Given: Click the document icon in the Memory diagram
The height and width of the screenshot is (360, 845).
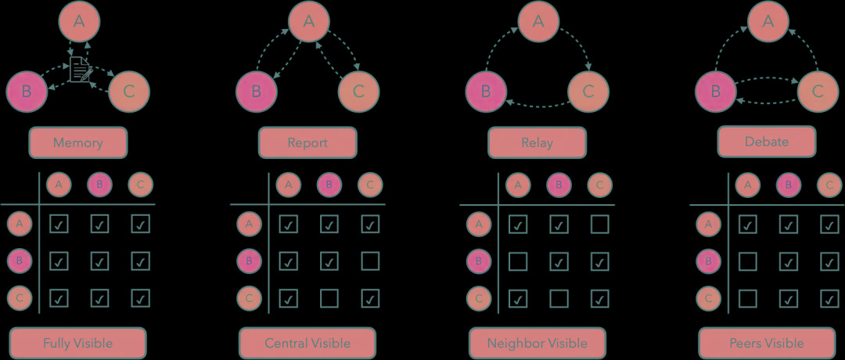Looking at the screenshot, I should point(80,69).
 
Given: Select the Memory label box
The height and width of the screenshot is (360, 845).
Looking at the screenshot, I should point(77,143).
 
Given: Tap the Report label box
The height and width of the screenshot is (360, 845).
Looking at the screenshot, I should point(307,143).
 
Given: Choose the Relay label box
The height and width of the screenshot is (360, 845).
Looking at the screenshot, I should point(537,143).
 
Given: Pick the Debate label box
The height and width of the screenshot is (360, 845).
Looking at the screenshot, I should point(767,142).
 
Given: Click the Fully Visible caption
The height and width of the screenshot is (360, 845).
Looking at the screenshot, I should point(77,343).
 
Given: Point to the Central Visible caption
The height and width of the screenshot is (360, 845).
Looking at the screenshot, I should point(307,343).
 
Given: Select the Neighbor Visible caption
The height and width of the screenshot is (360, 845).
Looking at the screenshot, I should point(537,343).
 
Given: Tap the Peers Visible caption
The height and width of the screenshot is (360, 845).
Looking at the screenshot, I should point(767,343).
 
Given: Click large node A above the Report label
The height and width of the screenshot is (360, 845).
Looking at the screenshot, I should point(308,22).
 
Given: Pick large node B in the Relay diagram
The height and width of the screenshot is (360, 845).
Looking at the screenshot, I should point(486,91).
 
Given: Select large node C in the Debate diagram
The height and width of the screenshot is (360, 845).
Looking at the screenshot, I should point(818,91).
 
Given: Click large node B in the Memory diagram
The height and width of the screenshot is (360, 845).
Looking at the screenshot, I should point(27,91).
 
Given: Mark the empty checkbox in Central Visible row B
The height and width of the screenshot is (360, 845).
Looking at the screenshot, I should point(371,261).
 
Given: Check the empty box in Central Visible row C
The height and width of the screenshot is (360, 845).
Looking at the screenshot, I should point(329,297).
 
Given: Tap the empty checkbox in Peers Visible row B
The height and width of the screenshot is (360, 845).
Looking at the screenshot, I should point(747,261).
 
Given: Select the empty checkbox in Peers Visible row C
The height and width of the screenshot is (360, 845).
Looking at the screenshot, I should point(747,297).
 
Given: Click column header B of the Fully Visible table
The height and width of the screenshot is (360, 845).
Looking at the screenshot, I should point(99,185).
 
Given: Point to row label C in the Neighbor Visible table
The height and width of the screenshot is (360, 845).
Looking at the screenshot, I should point(477,297).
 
